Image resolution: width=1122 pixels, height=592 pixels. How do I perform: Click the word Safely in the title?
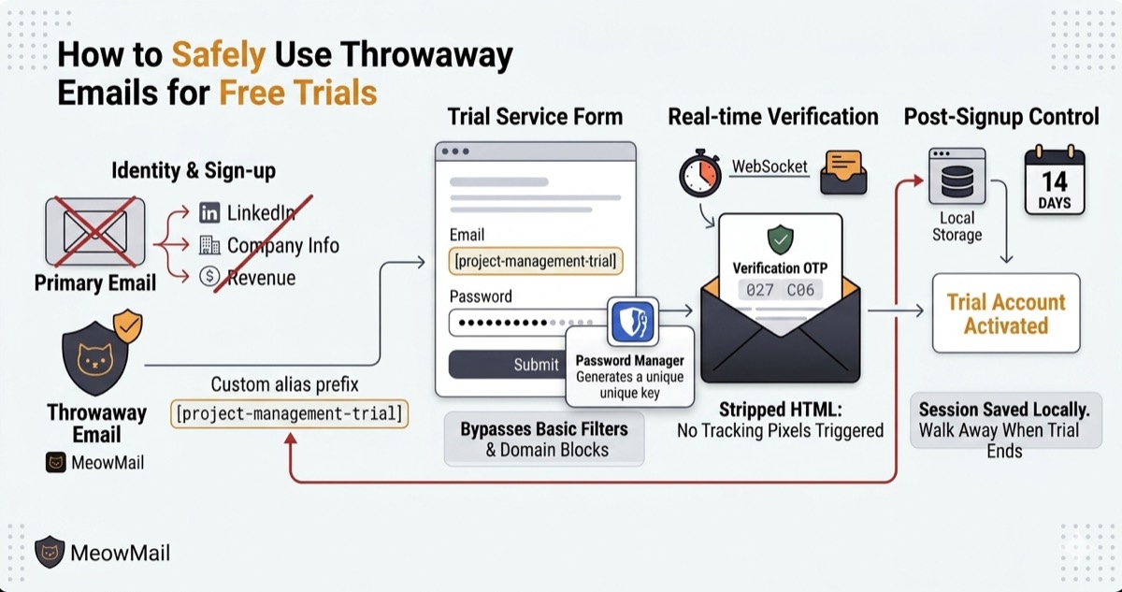[219, 55]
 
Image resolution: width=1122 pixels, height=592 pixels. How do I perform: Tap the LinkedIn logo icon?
[209, 213]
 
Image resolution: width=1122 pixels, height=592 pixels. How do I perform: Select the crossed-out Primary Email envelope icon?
[95, 231]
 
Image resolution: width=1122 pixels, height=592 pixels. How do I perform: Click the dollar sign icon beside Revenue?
[209, 276]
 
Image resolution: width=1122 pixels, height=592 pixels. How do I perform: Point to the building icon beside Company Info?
[209, 245]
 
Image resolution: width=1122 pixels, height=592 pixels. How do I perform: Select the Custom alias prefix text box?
[290, 413]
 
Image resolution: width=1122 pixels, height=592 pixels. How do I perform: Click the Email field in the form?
[536, 261]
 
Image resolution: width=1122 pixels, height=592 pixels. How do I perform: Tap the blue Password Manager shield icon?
[633, 321]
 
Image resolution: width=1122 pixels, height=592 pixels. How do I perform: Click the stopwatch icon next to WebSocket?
[700, 173]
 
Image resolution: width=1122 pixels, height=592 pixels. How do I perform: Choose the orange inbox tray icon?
[843, 172]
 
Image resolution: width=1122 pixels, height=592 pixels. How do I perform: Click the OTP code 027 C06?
[780, 290]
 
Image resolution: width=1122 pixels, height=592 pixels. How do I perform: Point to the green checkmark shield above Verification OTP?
[781, 239]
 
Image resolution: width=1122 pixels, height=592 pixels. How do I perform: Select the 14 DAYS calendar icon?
[1055, 180]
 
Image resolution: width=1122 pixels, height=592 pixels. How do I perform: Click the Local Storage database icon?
[957, 176]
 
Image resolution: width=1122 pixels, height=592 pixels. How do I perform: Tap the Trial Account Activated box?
[1006, 313]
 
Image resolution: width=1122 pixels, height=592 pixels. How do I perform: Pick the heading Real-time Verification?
[773, 117]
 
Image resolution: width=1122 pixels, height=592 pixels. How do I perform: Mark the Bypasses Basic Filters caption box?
[544, 440]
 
